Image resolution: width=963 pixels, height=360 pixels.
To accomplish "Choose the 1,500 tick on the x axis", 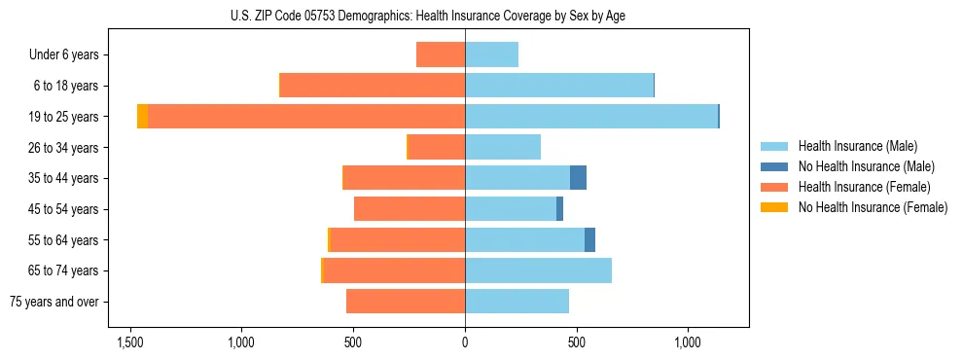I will tap(130, 343).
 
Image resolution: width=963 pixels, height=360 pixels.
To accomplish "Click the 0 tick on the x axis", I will tap(465, 343).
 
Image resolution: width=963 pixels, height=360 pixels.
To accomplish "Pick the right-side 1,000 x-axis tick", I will tap(688, 343).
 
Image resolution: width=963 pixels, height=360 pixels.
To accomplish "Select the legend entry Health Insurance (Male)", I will tap(857, 146).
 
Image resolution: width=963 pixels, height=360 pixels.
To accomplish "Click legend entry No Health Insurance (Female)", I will tap(873, 207).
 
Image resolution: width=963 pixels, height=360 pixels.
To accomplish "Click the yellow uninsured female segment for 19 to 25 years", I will tap(142, 117).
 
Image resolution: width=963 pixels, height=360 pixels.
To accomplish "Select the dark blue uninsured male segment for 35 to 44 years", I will tap(578, 178).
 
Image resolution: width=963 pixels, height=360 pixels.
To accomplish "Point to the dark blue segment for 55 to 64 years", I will tap(589, 240).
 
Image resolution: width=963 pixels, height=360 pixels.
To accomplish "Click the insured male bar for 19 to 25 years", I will tap(591, 117).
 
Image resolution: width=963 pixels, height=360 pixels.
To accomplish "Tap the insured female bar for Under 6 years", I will tap(441, 55).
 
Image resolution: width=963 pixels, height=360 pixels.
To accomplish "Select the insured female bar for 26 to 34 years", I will tap(437, 147).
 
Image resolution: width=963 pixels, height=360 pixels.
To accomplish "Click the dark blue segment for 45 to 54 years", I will tap(559, 209).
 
